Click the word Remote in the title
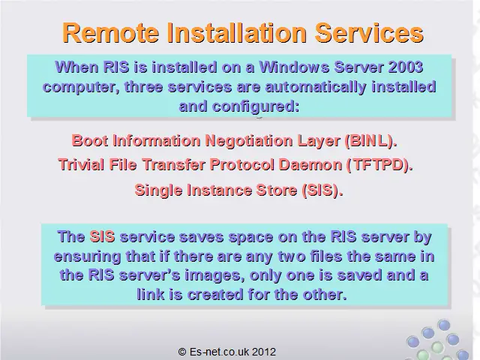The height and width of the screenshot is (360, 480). tap(111, 33)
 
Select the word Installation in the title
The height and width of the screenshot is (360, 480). tap(237, 33)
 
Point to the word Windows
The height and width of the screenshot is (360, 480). tap(294, 67)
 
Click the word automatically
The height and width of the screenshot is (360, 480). tap(315, 87)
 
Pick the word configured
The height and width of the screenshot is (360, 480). tap(255, 106)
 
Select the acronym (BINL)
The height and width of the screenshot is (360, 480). tap(371, 141)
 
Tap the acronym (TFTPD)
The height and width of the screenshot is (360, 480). tap(380, 165)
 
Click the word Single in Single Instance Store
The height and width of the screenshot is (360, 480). tap(158, 190)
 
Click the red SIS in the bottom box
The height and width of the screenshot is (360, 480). tap(102, 237)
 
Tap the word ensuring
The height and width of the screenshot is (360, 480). tap(87, 256)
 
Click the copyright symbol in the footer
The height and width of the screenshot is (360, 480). tap(182, 352)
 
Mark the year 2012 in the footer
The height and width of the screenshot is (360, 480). tap(264, 352)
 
